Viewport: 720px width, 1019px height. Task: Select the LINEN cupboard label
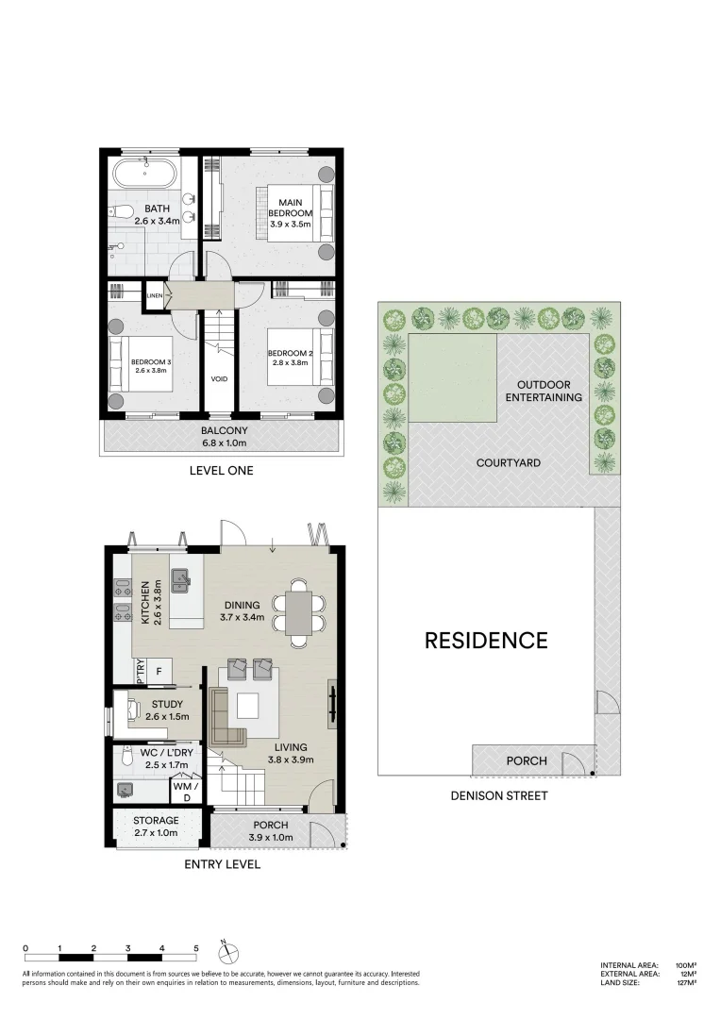click(x=155, y=295)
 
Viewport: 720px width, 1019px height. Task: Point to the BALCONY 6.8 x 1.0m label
click(x=224, y=436)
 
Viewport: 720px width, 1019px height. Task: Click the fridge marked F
click(x=159, y=672)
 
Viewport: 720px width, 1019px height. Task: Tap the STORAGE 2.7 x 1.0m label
click(x=156, y=827)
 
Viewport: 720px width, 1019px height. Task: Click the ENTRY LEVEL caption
click(x=222, y=863)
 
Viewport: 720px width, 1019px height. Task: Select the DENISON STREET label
click(x=499, y=795)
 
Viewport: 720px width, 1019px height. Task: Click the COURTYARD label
click(x=508, y=463)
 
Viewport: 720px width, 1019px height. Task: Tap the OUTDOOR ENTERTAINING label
click(x=548, y=391)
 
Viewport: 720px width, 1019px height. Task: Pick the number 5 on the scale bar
click(x=195, y=947)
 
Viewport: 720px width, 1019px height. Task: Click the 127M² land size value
click(x=685, y=983)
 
